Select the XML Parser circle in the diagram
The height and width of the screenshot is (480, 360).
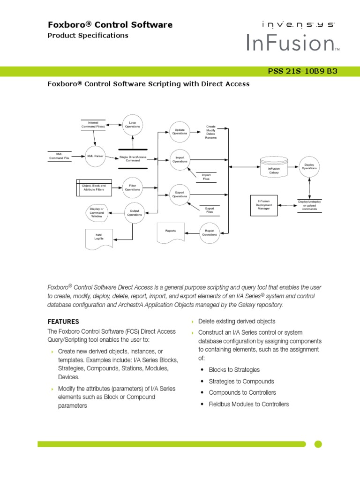(x=95, y=156)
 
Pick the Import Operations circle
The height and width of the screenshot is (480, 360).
(x=180, y=159)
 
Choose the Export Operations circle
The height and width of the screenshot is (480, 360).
(x=180, y=195)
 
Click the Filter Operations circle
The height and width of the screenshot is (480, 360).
(x=132, y=187)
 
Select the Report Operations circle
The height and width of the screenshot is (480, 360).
(x=210, y=232)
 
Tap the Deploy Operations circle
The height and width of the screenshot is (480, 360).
(x=309, y=167)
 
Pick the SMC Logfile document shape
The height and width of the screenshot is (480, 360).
(x=99, y=238)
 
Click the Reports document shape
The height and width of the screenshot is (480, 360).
(x=171, y=233)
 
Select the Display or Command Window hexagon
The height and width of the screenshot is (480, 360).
(x=97, y=212)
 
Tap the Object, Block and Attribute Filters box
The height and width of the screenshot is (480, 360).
(x=94, y=187)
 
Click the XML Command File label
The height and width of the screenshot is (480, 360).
(x=59, y=156)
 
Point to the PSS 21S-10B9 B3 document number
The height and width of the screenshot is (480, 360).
(x=302, y=71)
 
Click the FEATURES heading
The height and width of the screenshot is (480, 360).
(x=63, y=322)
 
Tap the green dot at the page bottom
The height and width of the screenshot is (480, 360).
(x=318, y=444)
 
